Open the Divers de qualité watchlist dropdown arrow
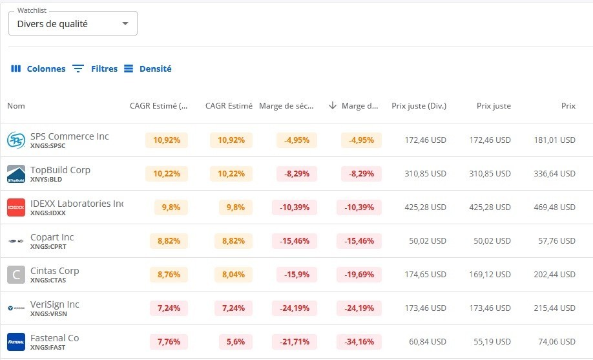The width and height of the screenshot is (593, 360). coord(125,24)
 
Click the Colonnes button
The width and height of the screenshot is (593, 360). coord(38,69)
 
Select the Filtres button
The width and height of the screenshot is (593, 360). coord(94,69)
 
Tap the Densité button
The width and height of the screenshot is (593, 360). coord(147,69)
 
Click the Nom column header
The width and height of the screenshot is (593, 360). coord(16,106)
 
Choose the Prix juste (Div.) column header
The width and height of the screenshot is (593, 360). coord(419,106)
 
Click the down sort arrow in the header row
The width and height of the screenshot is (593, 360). coord(333,106)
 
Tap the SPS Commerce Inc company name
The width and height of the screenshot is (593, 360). coord(69,136)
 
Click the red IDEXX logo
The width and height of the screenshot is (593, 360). coord(16,207)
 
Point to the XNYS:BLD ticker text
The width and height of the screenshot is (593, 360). coord(46,180)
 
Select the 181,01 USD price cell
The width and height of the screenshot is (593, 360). coord(554,140)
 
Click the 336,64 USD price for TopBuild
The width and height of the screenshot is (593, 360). coord(554,174)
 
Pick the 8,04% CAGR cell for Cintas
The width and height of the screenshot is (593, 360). coord(231,275)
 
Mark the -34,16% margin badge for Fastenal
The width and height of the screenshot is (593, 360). coord(359,342)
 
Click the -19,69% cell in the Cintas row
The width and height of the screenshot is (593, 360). coord(359,275)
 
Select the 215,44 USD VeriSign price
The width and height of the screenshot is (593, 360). coord(554,308)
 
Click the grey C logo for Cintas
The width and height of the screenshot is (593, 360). coord(16,275)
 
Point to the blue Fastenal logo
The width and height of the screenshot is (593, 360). coord(16,342)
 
